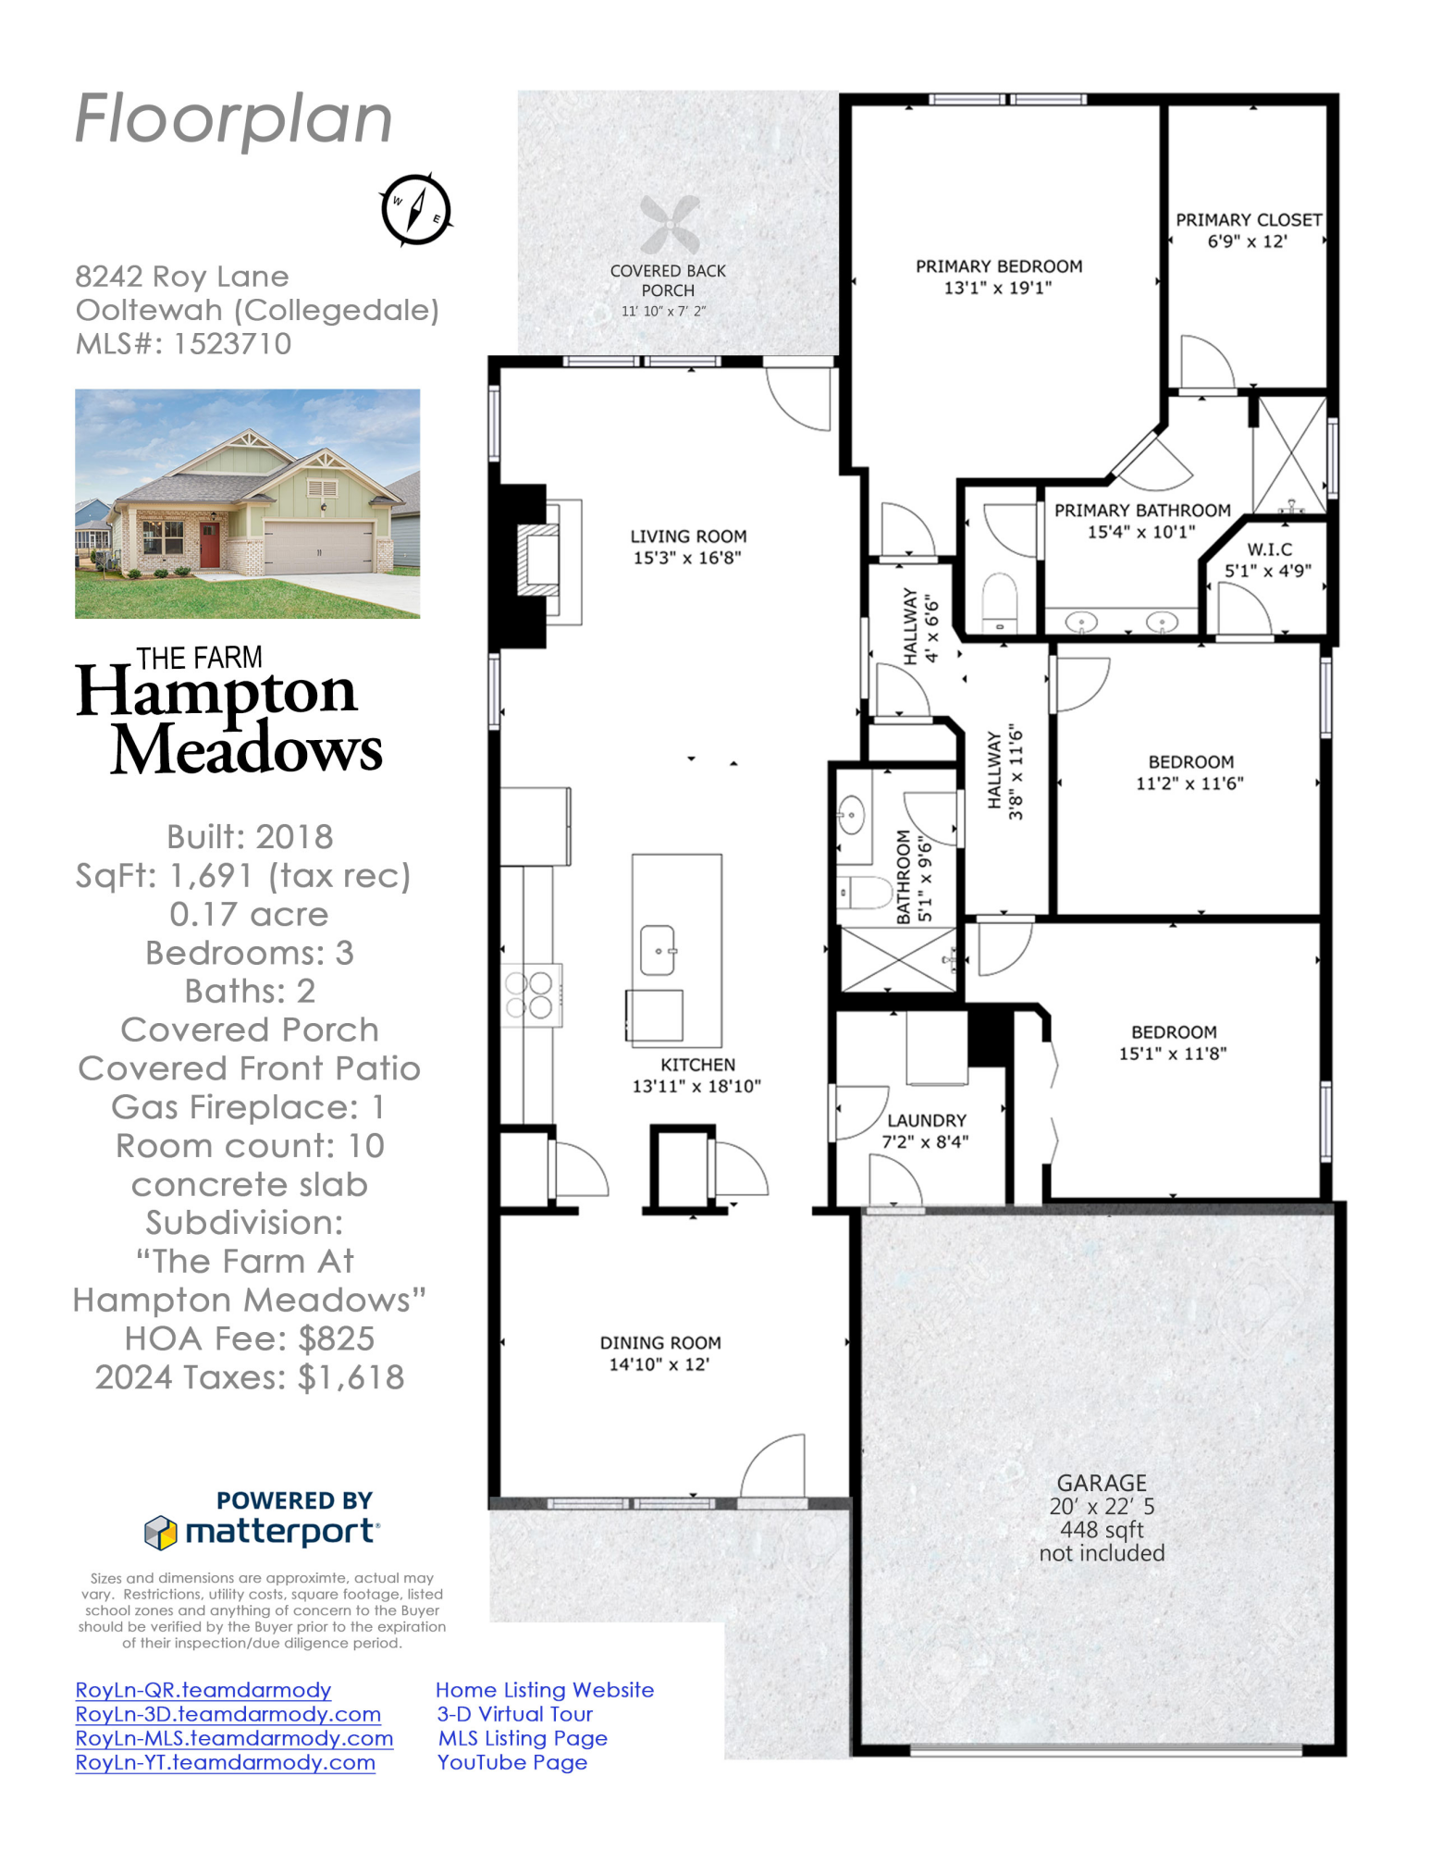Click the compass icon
(415, 209)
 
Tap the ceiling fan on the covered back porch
(670, 225)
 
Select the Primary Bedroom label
(998, 266)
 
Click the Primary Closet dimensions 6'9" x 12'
(1247, 241)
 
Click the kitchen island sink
(658, 950)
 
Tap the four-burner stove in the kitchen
(529, 994)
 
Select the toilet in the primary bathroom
(999, 600)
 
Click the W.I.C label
(1269, 549)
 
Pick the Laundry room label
(926, 1120)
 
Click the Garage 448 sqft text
(1101, 1530)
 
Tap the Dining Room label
(659, 1342)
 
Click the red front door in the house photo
(210, 544)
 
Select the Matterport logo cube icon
(160, 1533)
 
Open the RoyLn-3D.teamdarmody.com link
(228, 1714)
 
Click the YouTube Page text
(511, 1762)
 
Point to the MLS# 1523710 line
(183, 344)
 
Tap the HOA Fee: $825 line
(249, 1338)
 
